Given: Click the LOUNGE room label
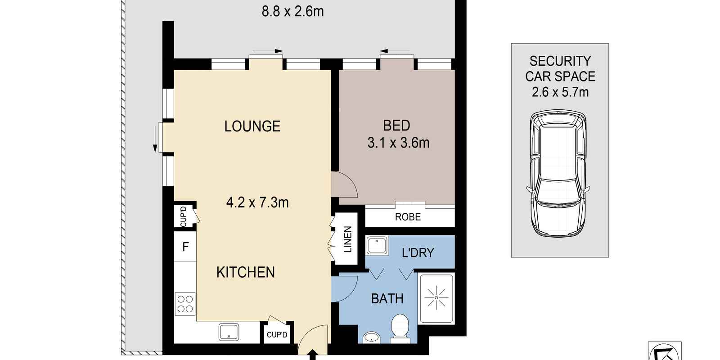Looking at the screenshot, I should (x=252, y=126).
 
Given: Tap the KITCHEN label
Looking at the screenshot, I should (x=245, y=272).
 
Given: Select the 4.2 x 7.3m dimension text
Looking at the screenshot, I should (x=257, y=202).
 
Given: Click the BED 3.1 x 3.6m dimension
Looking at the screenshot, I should (x=398, y=143).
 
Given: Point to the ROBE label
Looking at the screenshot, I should (x=408, y=217).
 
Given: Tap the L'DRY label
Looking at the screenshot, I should (x=418, y=253).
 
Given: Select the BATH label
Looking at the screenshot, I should (x=387, y=298).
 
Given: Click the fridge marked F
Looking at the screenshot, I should (x=185, y=247).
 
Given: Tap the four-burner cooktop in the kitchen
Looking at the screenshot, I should (x=185, y=303).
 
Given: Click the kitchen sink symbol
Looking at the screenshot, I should (x=231, y=333).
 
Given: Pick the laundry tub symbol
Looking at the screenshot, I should (x=377, y=246).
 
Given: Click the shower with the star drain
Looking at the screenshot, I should (x=436, y=298).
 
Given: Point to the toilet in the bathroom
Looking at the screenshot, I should (x=399, y=327).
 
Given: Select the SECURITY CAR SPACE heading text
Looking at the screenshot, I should (x=560, y=68).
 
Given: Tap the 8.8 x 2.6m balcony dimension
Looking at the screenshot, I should (x=292, y=11).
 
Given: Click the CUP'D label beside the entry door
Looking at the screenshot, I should (x=277, y=335).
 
